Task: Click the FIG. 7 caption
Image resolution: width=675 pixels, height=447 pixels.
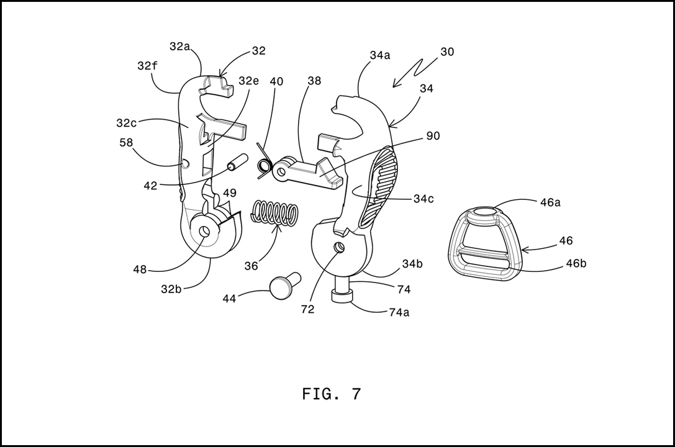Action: tap(331, 394)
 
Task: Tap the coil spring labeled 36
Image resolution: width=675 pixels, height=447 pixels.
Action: tap(274, 213)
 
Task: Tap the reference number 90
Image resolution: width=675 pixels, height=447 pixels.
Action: tap(433, 136)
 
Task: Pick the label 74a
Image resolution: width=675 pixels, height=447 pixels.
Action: tap(399, 313)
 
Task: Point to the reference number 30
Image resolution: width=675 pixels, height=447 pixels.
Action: tap(447, 52)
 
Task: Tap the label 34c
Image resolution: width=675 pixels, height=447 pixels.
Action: tap(424, 199)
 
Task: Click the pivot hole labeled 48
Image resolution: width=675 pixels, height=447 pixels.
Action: tap(204, 231)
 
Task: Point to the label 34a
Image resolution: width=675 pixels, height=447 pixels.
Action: tap(379, 55)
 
